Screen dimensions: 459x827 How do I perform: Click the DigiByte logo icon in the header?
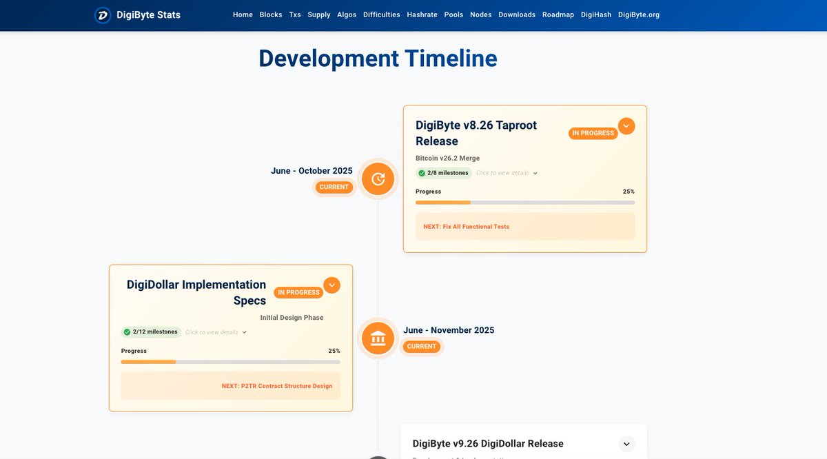point(103,14)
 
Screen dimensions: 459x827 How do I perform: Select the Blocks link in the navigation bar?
point(271,14)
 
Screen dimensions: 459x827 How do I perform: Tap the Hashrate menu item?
point(422,14)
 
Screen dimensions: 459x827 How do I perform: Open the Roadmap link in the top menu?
point(558,14)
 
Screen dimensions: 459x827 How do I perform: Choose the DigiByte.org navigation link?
point(639,14)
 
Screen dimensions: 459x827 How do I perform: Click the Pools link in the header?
point(453,14)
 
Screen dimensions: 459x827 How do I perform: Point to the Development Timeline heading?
point(378,59)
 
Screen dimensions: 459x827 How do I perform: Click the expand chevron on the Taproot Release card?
point(626,126)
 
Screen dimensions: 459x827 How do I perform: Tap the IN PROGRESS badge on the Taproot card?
point(593,133)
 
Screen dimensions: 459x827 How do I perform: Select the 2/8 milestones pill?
point(444,173)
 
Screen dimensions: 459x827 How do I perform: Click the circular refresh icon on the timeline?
point(378,179)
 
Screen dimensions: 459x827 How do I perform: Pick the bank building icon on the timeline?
point(378,338)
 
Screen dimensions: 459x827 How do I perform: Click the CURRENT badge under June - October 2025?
point(334,187)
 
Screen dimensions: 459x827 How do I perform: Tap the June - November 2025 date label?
point(449,330)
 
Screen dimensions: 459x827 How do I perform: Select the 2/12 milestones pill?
point(151,332)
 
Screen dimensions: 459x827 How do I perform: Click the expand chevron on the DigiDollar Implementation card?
point(332,285)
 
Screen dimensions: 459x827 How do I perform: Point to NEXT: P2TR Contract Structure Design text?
point(277,386)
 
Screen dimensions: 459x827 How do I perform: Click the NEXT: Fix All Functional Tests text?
point(467,227)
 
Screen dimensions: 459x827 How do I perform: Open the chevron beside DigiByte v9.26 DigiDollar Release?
point(626,444)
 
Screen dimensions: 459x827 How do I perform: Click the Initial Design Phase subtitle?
point(292,318)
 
